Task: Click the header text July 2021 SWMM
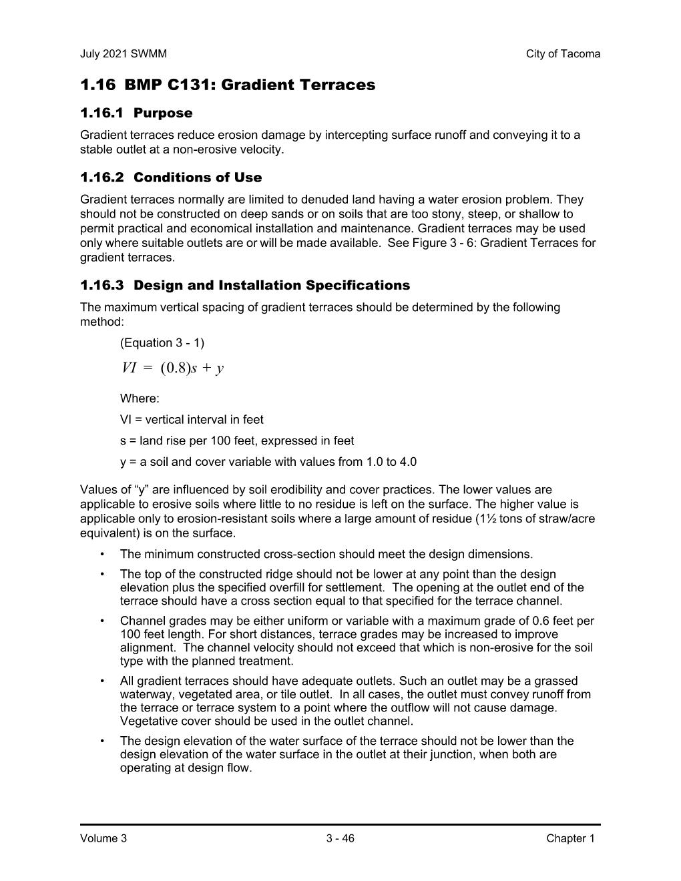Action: click(123, 54)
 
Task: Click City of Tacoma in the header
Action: click(563, 54)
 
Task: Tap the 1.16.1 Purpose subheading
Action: click(136, 113)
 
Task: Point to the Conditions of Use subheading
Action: click(198, 178)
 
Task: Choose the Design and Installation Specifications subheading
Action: click(272, 286)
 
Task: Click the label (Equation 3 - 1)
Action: click(162, 343)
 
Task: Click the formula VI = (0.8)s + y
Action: click(173, 368)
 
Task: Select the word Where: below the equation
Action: click(140, 399)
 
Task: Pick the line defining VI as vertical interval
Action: click(192, 420)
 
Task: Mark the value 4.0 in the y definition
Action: click(408, 462)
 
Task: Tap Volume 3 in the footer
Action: click(103, 839)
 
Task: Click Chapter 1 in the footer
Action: click(570, 839)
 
